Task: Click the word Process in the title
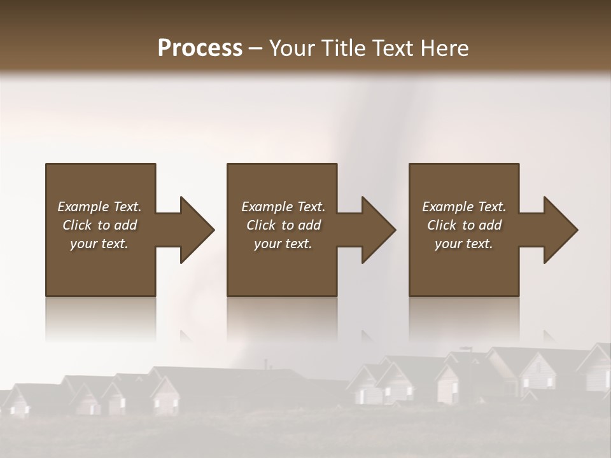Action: pyautogui.click(x=200, y=48)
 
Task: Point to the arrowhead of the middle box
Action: pyautogui.click(x=378, y=230)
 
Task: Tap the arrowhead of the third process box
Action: pyautogui.click(x=560, y=230)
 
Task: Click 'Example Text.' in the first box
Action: pyautogui.click(x=99, y=207)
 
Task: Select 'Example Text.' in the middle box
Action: pyautogui.click(x=283, y=207)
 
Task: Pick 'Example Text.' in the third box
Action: pyautogui.click(x=464, y=207)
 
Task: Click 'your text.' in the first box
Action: pyautogui.click(x=99, y=244)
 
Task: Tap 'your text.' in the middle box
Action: pyautogui.click(x=283, y=244)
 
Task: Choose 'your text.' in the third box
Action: pyautogui.click(x=464, y=244)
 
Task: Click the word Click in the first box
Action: pyautogui.click(x=77, y=225)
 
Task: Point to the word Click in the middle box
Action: pyautogui.click(x=261, y=225)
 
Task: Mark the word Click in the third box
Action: pyautogui.click(x=442, y=225)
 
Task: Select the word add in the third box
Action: pyautogui.click(x=489, y=225)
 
